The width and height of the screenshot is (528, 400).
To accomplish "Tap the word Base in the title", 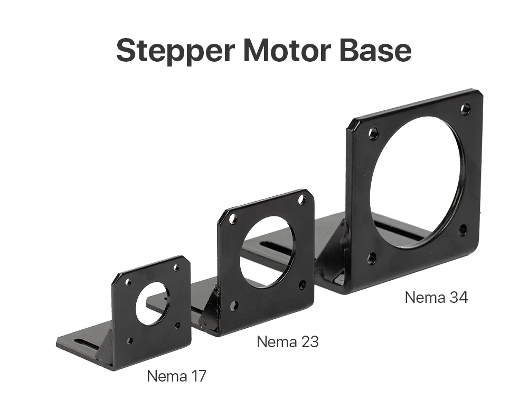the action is [375, 50].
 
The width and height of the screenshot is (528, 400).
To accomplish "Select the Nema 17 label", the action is [176, 376].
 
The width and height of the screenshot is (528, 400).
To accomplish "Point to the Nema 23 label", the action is [288, 342].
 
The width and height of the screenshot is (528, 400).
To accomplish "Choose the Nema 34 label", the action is [437, 298].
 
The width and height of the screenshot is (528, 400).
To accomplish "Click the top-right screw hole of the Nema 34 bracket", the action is [465, 108].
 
